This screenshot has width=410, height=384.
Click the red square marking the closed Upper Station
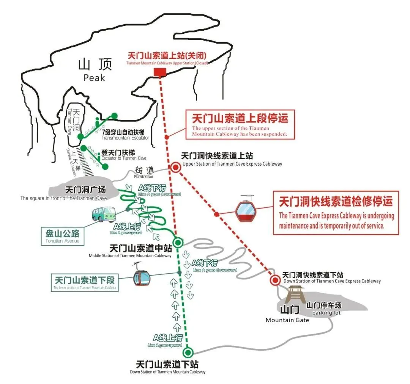pyautogui.click(x=159, y=72)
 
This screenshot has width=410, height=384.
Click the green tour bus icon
pyautogui.click(x=103, y=214)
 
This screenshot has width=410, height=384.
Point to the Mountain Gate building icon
pyautogui.click(x=295, y=294)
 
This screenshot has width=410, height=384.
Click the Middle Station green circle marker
pyautogui.click(x=178, y=242)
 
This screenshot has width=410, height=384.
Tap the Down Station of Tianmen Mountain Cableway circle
pyautogui.click(x=188, y=353)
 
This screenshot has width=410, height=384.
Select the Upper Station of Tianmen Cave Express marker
pyautogui.click(x=175, y=167)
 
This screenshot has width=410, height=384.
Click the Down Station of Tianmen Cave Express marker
pyautogui.click(x=275, y=280)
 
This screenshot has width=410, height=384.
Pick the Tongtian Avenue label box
pyautogui.click(x=62, y=236)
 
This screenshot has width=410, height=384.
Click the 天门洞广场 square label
pyautogui.click(x=85, y=190)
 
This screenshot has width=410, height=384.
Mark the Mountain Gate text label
pyautogui.click(x=287, y=320)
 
